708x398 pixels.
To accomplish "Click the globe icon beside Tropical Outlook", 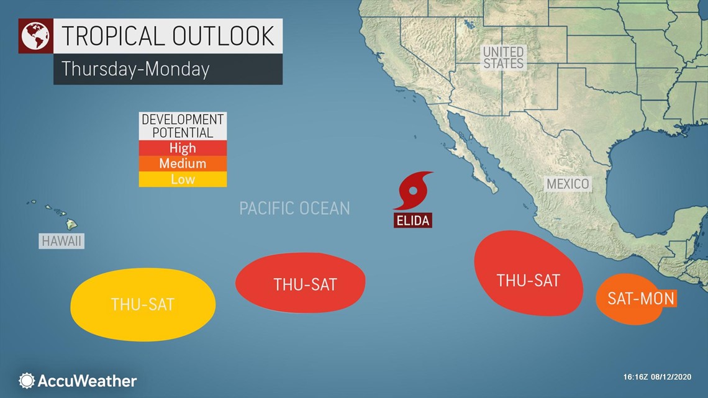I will click(35, 37).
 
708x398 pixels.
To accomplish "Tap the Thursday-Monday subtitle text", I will click(135, 69).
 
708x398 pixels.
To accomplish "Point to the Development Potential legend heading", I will click(183, 125).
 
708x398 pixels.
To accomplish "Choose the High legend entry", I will click(183, 148).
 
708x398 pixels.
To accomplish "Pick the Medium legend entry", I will click(183, 164).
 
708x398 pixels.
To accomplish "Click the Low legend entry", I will click(183, 179).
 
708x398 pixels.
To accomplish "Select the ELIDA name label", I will click(412, 220).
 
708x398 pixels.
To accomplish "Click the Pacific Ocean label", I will click(294, 208).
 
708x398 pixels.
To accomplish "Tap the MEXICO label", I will click(567, 184).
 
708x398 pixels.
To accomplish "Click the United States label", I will click(503, 57).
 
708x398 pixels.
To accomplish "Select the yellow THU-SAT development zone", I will click(143, 305).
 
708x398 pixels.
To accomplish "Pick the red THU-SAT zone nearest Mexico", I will click(528, 273).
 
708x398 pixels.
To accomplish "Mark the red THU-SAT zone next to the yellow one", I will click(301, 283).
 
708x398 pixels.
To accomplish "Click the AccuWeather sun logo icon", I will click(27, 381).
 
